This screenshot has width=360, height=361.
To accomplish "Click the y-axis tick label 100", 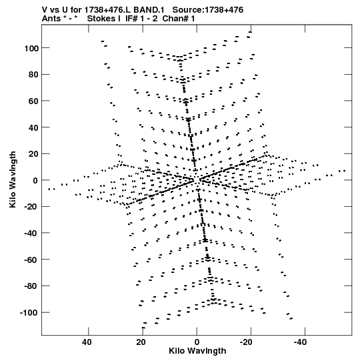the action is [x=31, y=48].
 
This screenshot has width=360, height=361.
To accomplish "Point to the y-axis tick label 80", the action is [x=33, y=75].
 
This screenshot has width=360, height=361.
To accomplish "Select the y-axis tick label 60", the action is [x=33, y=101].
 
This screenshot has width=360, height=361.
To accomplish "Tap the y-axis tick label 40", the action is [x=33, y=127].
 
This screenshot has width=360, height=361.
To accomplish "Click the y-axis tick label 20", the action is [x=33, y=154].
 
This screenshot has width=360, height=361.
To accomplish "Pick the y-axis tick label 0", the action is [x=35, y=180].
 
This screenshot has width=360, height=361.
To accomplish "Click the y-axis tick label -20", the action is [x=31, y=207].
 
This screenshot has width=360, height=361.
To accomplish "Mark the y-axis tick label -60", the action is [x=31, y=260].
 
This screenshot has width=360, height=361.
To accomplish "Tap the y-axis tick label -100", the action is [x=29, y=313].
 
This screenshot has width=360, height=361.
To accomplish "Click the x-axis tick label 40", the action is [x=87, y=342].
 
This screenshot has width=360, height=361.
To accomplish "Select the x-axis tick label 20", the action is [x=141, y=342].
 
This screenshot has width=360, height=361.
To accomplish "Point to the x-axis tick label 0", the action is [x=197, y=342].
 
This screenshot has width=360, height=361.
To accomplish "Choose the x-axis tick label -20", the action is [x=246, y=342].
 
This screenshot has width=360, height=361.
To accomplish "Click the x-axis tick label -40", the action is [x=300, y=342].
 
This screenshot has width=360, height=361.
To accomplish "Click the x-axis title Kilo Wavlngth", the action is [x=197, y=351].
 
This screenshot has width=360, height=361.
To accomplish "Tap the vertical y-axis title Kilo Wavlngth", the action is [x=13, y=179].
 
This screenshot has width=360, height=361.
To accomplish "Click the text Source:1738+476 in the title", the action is [x=208, y=10].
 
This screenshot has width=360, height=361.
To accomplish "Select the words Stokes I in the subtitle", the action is [x=104, y=19].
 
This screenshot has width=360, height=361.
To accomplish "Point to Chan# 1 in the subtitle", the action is [x=179, y=19].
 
